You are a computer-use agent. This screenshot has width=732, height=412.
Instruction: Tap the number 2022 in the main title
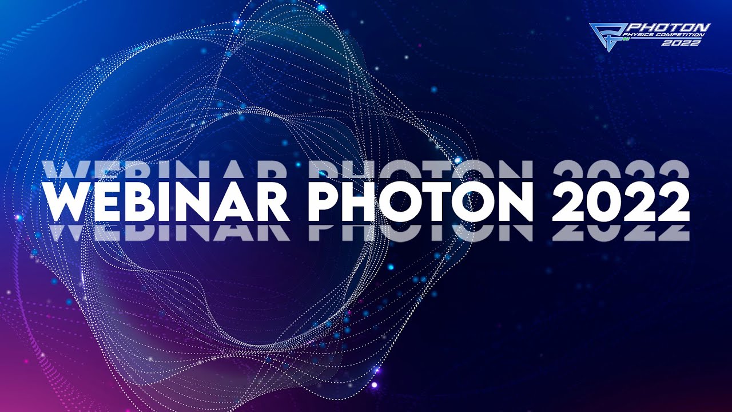(620, 202)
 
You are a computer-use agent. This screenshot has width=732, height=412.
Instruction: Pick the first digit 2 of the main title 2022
(568, 202)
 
